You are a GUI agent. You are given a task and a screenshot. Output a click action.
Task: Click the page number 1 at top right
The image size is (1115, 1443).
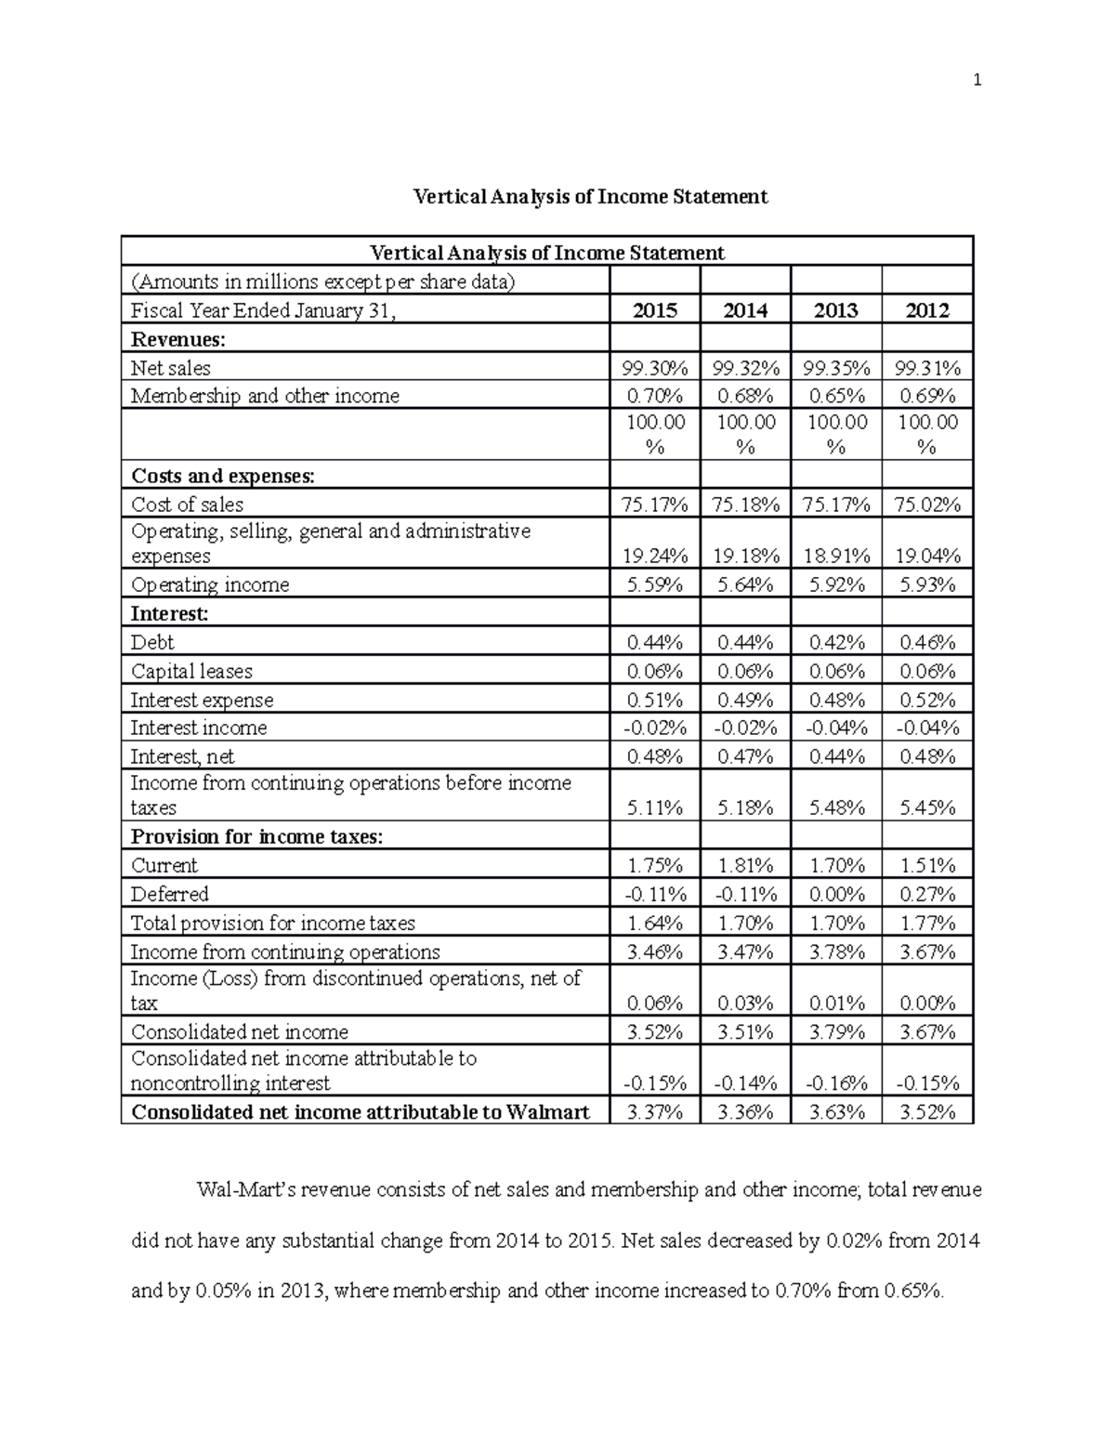pos(977,81)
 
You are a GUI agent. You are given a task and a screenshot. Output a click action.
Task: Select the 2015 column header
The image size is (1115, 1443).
pos(655,310)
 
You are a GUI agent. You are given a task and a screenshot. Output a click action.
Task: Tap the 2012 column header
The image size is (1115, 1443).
pos(926,310)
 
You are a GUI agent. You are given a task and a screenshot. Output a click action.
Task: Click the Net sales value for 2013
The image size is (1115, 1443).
pos(836,368)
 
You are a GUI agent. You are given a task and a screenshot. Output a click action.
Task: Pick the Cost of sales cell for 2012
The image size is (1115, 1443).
pos(927,505)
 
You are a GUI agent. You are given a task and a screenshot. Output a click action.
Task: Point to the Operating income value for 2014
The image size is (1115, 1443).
pos(745,584)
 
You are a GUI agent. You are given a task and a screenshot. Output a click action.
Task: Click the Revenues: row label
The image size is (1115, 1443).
pos(178,339)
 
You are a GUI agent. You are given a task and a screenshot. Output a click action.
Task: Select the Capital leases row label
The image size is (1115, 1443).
pos(191,671)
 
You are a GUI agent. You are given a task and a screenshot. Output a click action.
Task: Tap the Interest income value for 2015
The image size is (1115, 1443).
pos(655,728)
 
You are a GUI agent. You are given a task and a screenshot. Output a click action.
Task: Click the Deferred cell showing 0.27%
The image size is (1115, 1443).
pos(927,894)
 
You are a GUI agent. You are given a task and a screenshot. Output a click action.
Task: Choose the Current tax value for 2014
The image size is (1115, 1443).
pos(745,865)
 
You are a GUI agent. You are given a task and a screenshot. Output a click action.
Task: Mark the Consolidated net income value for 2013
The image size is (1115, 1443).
pos(836,1031)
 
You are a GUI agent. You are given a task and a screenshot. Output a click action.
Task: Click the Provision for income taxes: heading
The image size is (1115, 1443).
pos(256,836)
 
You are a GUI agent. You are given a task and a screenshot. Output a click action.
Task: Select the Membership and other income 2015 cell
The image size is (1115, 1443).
pos(655,396)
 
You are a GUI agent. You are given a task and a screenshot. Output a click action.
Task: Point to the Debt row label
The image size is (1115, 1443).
pos(152,642)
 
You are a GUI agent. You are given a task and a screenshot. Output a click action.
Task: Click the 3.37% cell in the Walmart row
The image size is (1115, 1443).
pos(655,1111)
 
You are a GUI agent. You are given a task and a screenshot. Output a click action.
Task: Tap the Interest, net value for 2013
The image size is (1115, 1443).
pos(836,756)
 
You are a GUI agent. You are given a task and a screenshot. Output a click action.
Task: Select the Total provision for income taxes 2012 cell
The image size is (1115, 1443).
pos(927,923)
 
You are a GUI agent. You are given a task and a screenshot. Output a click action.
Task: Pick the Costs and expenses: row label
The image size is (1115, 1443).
pos(223,476)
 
